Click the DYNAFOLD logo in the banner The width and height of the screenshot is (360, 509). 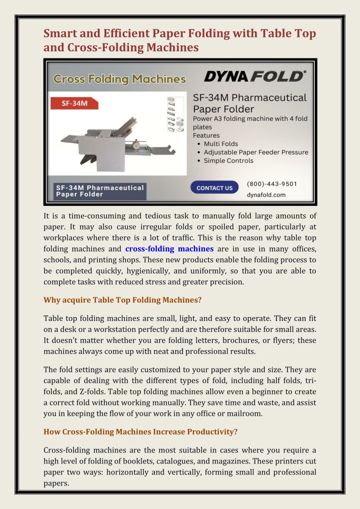(x=254, y=76)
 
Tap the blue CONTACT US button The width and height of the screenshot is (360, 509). (x=214, y=188)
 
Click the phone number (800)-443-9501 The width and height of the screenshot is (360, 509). (x=272, y=183)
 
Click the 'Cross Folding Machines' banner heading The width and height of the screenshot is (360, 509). (x=119, y=79)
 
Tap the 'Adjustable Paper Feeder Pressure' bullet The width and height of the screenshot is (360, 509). (x=255, y=152)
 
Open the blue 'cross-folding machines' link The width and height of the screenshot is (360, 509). (x=169, y=248)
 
